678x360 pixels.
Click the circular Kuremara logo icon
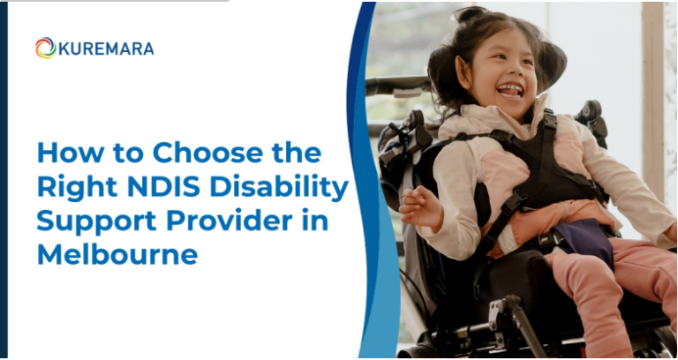tap(45, 48)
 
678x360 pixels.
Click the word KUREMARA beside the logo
tap(106, 49)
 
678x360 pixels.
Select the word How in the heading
tap(65, 152)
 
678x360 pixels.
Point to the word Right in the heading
tap(72, 188)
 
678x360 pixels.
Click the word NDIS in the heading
tap(166, 187)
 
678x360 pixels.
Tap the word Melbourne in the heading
tap(117, 255)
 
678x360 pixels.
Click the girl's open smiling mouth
tap(510, 89)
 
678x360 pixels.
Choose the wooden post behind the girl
tap(652, 88)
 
